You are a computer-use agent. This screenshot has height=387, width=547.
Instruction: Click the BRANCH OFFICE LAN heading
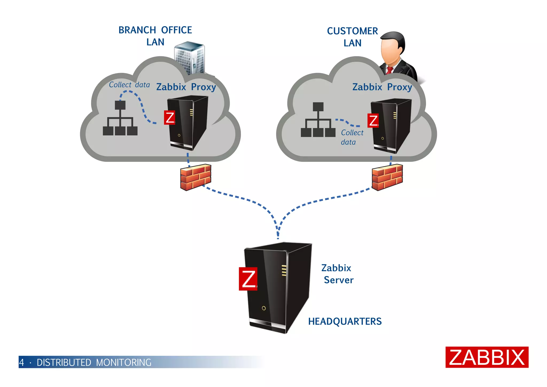click(x=155, y=36)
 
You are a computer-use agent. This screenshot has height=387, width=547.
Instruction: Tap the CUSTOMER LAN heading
click(x=352, y=37)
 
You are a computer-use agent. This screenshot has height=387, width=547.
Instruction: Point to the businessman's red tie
click(x=390, y=70)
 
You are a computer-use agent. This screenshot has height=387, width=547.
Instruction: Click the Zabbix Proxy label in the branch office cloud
click(x=186, y=87)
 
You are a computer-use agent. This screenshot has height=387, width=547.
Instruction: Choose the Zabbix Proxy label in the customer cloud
click(x=382, y=87)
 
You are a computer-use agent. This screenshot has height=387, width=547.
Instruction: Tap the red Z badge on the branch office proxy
click(x=170, y=117)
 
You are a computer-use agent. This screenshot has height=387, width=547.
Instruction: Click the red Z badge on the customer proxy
click(x=373, y=121)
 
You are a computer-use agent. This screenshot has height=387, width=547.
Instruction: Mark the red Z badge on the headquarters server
click(x=248, y=279)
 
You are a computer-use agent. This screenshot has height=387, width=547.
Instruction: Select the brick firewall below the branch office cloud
click(x=196, y=177)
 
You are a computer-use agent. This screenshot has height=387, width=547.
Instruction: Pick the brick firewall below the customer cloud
click(x=387, y=177)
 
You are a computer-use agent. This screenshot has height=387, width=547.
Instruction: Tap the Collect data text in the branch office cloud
click(x=129, y=85)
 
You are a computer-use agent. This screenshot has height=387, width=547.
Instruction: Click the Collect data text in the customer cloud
click(x=351, y=137)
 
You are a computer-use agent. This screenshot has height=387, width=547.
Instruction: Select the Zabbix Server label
click(x=338, y=274)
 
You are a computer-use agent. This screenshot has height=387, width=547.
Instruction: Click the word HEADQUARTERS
click(x=345, y=321)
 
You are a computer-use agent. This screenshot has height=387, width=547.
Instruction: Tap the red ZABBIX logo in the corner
click(x=487, y=357)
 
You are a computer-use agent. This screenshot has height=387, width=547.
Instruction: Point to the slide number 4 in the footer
click(x=22, y=362)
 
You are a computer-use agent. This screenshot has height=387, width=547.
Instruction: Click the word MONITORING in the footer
click(x=124, y=362)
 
